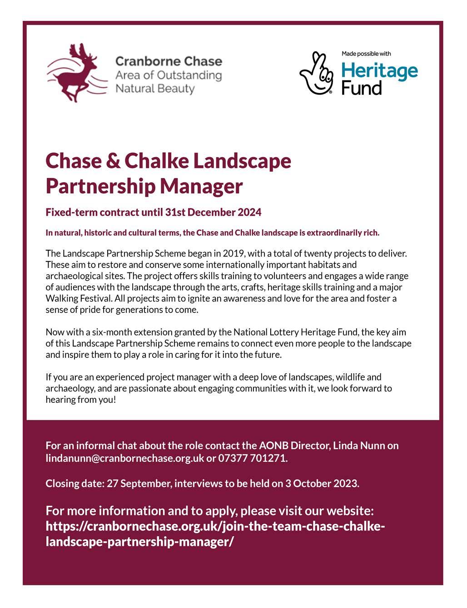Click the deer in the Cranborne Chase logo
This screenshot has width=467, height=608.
point(77,75)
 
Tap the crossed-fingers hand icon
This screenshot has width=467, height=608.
point(316,73)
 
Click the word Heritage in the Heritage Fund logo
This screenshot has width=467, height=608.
point(379,71)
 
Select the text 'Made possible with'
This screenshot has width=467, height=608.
point(366,54)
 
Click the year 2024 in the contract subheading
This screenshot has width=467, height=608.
point(250,212)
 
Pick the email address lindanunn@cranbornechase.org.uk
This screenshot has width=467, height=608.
point(125,458)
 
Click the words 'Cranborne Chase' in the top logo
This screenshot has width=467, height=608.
point(169,61)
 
